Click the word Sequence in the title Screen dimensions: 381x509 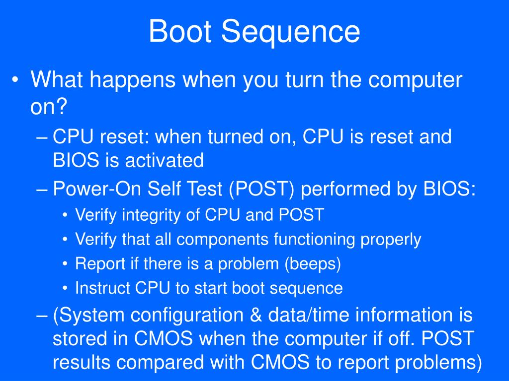[x=291, y=32]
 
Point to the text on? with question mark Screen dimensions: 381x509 [x=49, y=106]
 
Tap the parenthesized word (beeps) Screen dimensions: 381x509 [x=313, y=264]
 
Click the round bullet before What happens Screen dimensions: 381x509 [x=17, y=81]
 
